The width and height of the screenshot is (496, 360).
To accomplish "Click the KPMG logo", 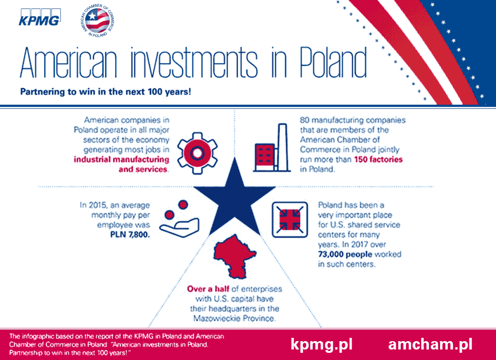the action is (x=39, y=17).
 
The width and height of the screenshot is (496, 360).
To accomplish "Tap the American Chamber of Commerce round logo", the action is (x=97, y=20).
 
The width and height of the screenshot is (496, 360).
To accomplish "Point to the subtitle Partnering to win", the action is (x=106, y=92).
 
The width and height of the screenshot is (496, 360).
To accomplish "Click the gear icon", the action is (x=197, y=153).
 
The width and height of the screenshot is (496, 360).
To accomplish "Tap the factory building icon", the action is (x=272, y=148).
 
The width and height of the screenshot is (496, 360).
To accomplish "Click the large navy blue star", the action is (x=234, y=197).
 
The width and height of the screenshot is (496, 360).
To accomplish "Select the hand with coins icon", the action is (x=179, y=219).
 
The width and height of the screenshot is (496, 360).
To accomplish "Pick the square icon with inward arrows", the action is (x=290, y=219).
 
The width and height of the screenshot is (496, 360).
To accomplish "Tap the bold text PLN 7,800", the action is (x=130, y=235).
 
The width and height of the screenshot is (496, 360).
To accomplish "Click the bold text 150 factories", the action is (x=378, y=159).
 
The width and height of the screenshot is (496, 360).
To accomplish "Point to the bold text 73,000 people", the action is (x=345, y=254).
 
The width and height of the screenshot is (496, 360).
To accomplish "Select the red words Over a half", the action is (x=208, y=289).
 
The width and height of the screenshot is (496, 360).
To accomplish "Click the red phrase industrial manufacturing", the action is (x=121, y=159).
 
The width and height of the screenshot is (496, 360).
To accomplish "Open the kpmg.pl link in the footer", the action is (x=322, y=344).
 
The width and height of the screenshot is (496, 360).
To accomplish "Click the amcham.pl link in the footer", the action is (x=430, y=344).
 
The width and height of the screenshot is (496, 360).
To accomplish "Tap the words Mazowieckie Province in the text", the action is (x=234, y=318).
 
